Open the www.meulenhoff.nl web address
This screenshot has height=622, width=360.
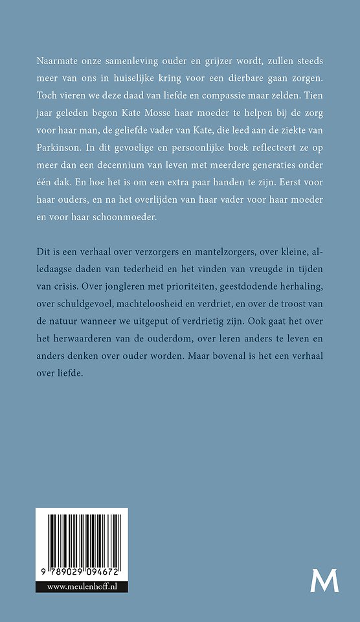[x=82, y=587]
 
